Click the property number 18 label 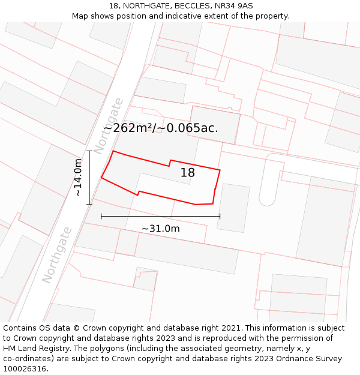[188, 173]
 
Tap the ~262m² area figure [128, 128]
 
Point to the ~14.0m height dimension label [78, 178]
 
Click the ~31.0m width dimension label [160, 229]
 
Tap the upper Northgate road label [109, 125]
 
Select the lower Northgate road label [58, 254]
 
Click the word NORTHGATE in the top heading [147, 6]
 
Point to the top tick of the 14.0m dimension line [89, 151]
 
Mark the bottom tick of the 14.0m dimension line [89, 205]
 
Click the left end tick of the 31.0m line [101, 216]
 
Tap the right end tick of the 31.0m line [220, 216]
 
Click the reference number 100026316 [25, 369]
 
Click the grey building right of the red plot [233, 208]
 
